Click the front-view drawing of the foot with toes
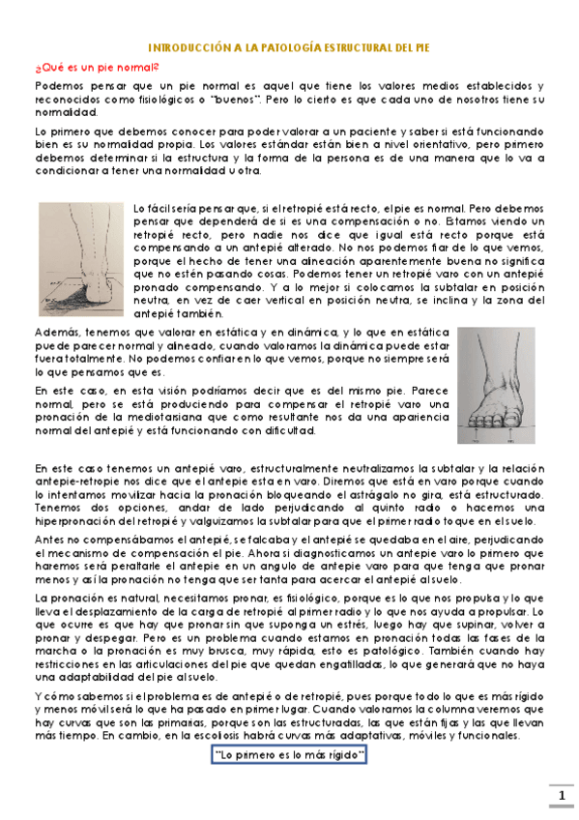[495, 385]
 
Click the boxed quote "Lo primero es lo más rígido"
[289, 753]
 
